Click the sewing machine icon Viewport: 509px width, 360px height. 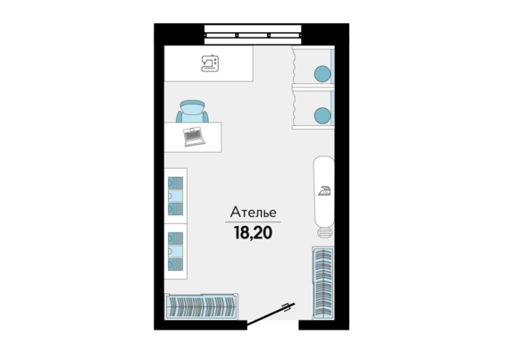click(x=210, y=63)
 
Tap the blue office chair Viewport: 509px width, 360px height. click(x=193, y=112)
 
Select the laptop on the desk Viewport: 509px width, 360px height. click(x=194, y=137)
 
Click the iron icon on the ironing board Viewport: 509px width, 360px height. click(x=325, y=191)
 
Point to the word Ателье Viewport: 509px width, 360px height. click(x=254, y=213)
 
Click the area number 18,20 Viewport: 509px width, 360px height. click(x=254, y=232)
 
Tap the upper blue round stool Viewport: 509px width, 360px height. click(x=322, y=73)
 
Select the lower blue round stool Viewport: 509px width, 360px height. click(x=322, y=115)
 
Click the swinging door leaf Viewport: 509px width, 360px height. click(x=271, y=314)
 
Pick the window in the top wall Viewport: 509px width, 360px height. click(x=253, y=35)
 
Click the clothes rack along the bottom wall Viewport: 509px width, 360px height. click(x=201, y=306)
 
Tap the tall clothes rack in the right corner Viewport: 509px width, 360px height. click(x=323, y=283)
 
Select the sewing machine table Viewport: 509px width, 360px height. click(x=209, y=63)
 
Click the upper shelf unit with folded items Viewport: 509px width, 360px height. click(x=176, y=196)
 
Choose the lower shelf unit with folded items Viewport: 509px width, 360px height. click(x=176, y=251)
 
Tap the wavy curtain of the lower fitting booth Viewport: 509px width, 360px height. click(x=294, y=107)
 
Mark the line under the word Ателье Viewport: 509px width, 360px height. click(x=254, y=222)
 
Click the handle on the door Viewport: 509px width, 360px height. click(x=287, y=307)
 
